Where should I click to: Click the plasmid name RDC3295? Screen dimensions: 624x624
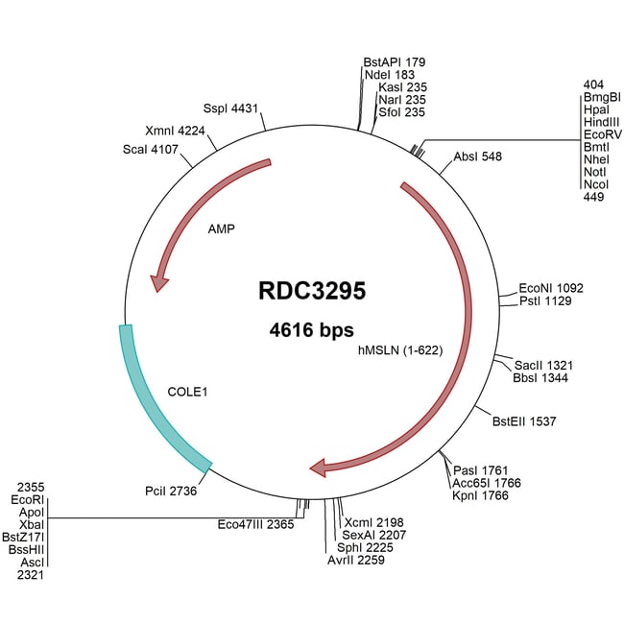[x=311, y=291]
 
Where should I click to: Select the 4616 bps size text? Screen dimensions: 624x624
[x=311, y=331]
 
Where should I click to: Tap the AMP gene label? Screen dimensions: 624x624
[x=221, y=230]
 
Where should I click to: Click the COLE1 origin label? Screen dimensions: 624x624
[x=188, y=392]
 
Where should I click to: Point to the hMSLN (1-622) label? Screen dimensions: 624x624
[x=399, y=350]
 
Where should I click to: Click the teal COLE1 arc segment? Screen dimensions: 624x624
[x=154, y=403]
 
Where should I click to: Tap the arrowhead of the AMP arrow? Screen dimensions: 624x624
[x=159, y=282]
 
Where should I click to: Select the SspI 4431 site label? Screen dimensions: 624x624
[x=231, y=108]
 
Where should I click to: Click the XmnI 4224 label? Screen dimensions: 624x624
[x=175, y=131]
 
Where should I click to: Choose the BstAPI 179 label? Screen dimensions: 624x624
[x=388, y=62]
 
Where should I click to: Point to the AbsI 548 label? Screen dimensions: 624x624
[x=478, y=156]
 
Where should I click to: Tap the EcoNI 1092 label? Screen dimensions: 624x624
[x=550, y=287]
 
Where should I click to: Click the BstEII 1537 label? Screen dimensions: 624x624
[x=524, y=420]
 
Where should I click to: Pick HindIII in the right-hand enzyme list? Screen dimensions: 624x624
[x=602, y=123]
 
